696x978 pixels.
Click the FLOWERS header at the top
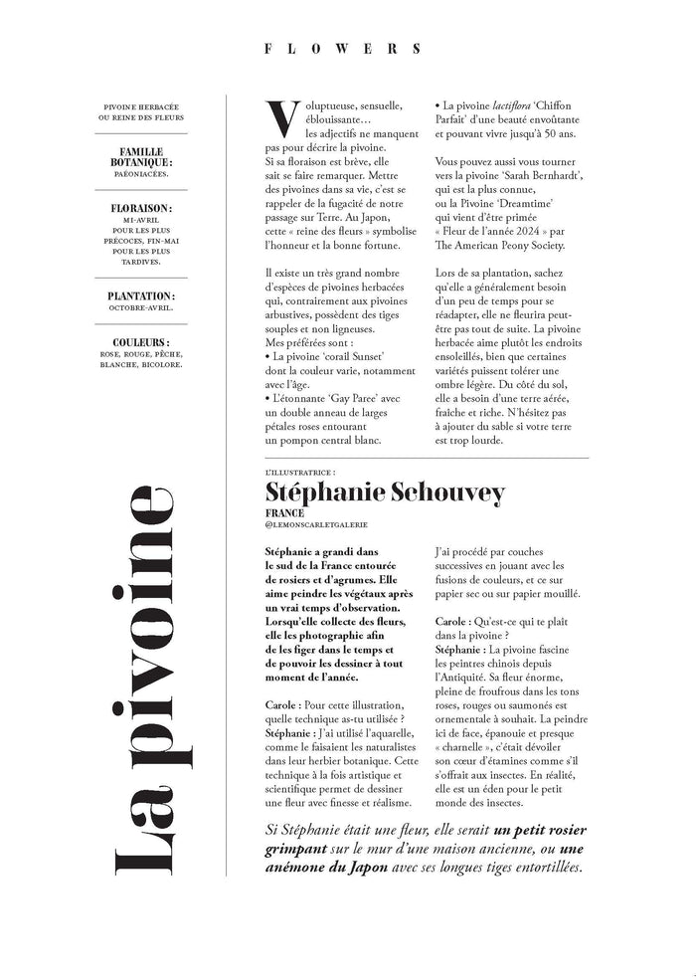tap(347, 47)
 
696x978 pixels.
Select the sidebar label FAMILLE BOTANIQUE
tap(140, 156)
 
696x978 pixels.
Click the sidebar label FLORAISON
tap(140, 209)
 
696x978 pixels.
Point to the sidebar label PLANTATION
tap(140, 295)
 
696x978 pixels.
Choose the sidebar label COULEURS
tap(140, 342)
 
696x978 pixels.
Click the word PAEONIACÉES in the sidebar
tap(140, 173)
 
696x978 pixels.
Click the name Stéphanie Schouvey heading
tap(386, 492)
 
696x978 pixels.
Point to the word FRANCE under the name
tap(284, 513)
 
